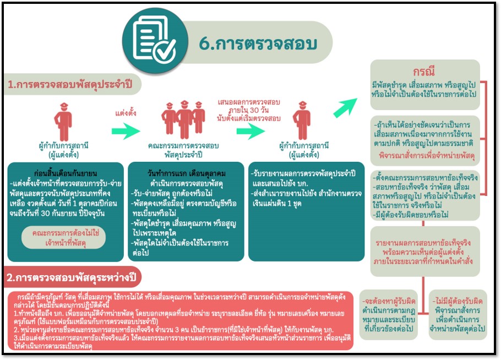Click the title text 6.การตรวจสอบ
[258, 43]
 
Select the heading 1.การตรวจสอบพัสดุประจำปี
[70, 85]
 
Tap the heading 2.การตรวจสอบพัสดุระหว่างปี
[71, 277]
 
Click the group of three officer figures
[183, 119]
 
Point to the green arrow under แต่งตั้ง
[126, 131]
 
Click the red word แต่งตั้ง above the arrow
[126, 113]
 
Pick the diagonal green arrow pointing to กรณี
[345, 107]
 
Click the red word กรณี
[424, 71]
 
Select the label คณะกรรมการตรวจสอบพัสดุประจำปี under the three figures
[183, 150]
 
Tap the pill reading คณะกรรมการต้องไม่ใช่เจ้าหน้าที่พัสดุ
[63, 237]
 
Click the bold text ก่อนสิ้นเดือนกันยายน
[66, 173]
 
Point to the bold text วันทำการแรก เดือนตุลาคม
[187, 173]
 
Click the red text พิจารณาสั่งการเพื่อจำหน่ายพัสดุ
[427, 156]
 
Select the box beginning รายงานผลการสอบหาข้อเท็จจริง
[425, 252]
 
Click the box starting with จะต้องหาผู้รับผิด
[389, 314]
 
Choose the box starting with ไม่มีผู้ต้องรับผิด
[458, 314]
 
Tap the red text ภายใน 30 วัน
[249, 110]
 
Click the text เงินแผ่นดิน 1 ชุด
[277, 204]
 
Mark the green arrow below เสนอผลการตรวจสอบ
[251, 131]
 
